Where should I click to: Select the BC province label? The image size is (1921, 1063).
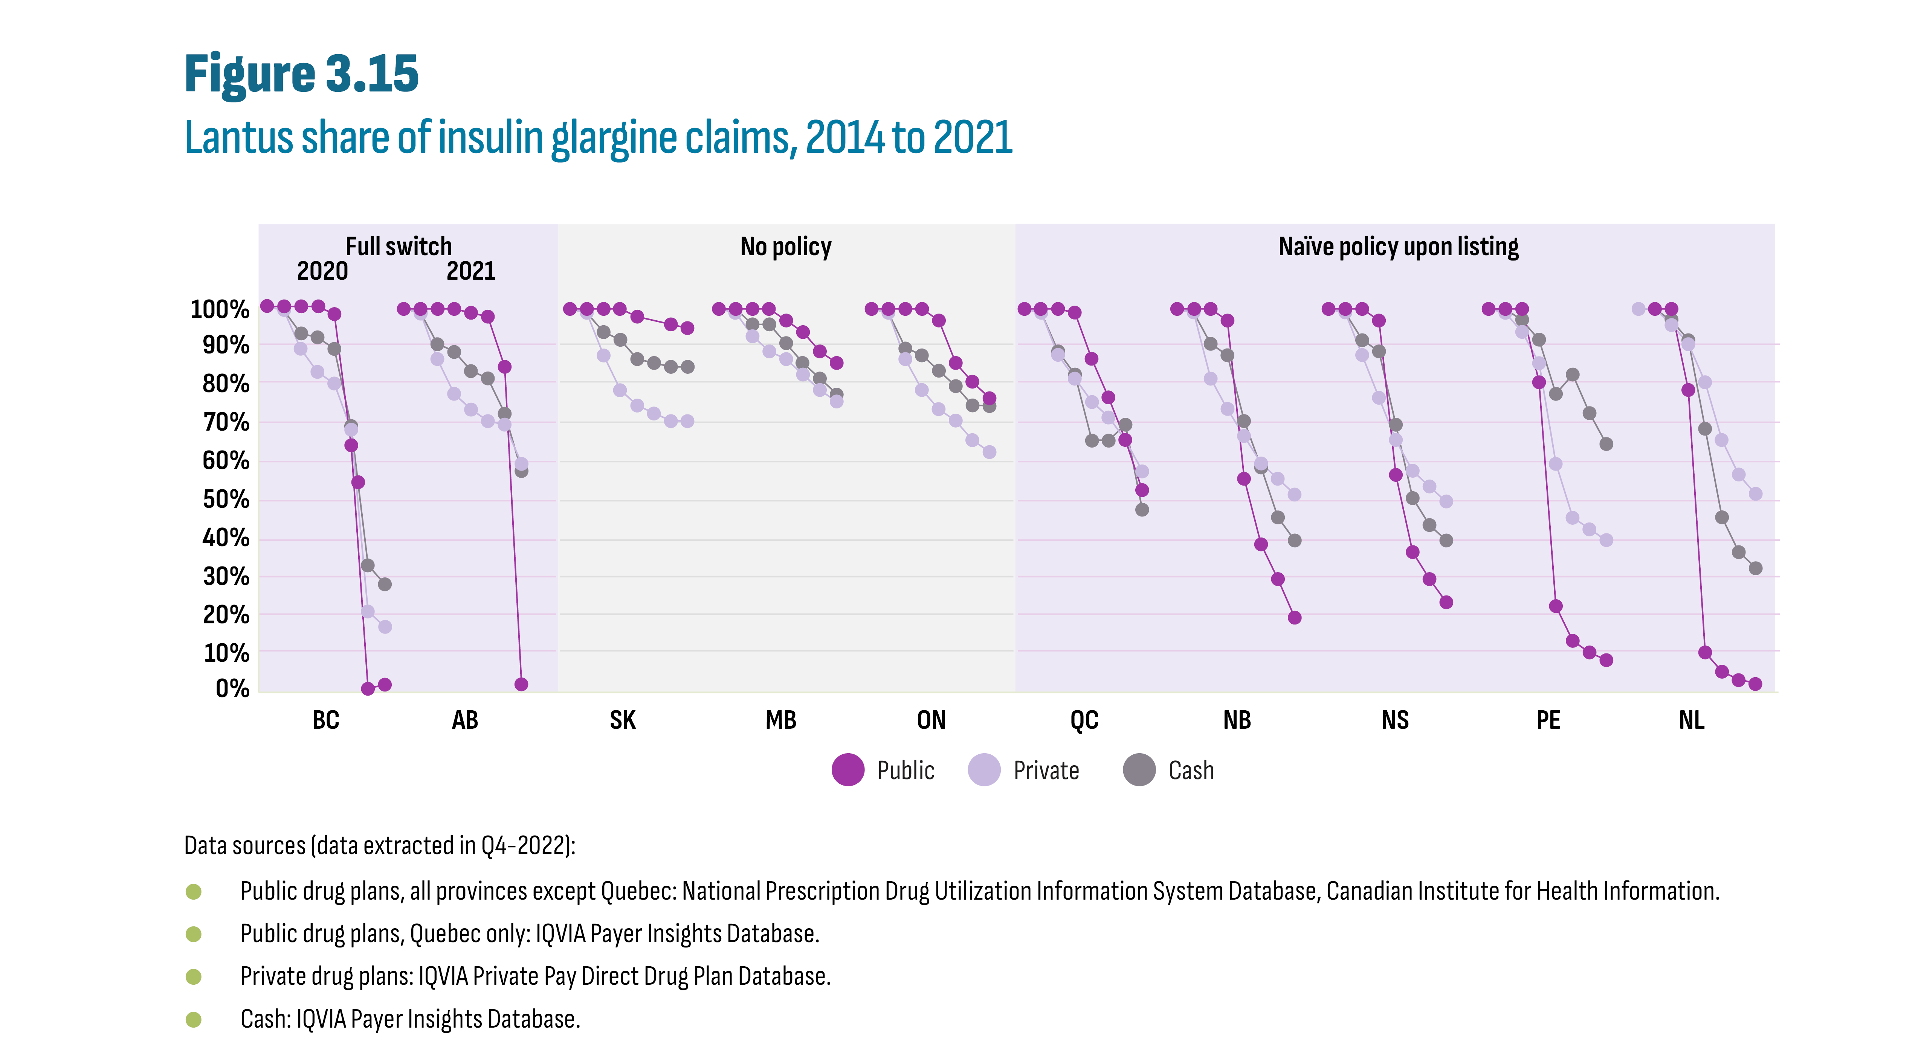(x=326, y=720)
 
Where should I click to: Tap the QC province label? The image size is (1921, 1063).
(x=1084, y=720)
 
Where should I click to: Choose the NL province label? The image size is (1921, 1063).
(x=1691, y=720)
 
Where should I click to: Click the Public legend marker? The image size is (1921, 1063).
(x=848, y=770)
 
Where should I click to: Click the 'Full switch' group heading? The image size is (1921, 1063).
(x=398, y=246)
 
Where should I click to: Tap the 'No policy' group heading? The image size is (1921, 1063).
(x=785, y=246)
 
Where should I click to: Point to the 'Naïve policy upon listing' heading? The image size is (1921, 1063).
(x=1398, y=246)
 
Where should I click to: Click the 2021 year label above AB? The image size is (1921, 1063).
(x=470, y=271)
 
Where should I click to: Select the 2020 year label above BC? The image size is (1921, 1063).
(x=322, y=271)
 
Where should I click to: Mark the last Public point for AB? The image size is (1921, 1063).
(x=521, y=684)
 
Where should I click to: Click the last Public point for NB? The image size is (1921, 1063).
(x=1295, y=617)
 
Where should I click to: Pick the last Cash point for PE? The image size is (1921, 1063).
(x=1606, y=443)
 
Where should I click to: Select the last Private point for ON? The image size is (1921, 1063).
(x=989, y=452)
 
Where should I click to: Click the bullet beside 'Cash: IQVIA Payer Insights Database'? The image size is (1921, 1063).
(x=193, y=1019)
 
